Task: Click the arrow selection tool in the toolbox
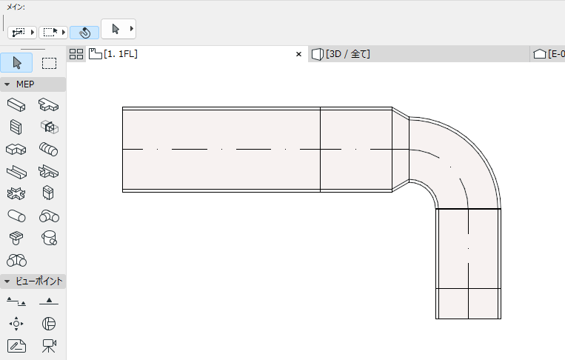coord(16,62)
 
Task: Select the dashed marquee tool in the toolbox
coord(49,62)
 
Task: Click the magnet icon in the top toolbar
coord(84,33)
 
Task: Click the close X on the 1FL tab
coord(298,54)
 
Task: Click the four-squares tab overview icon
coord(76,54)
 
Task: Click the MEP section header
coord(25,84)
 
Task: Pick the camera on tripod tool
coord(49,345)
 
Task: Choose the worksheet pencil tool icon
coord(16,345)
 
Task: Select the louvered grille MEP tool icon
coord(16,127)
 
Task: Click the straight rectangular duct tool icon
coord(16,104)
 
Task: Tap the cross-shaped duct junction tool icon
coord(16,193)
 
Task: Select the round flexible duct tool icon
coord(49,149)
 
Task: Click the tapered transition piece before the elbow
coord(401,150)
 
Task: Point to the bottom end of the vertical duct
coord(468,318)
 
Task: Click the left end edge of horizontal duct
coord(123,150)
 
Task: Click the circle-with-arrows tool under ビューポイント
coord(16,323)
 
